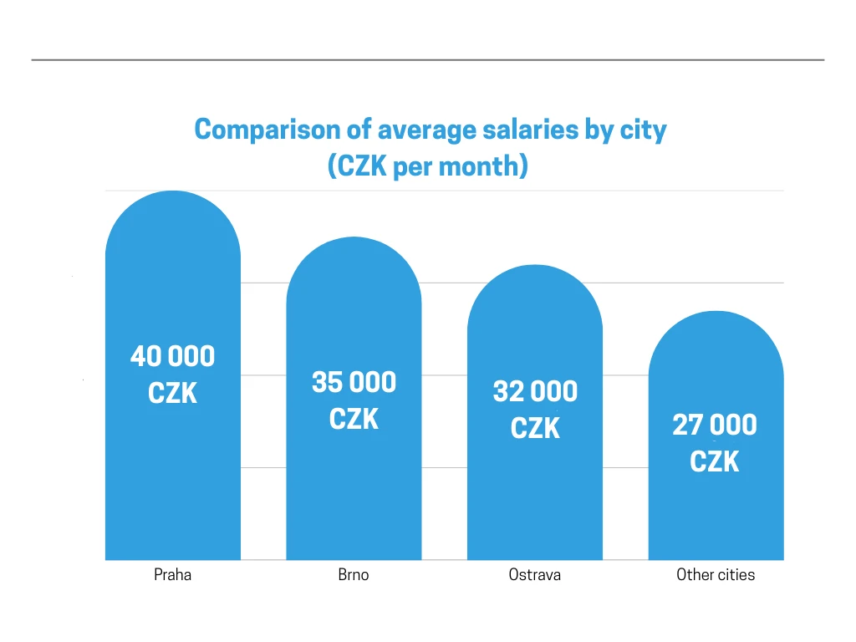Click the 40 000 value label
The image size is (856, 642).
click(172, 357)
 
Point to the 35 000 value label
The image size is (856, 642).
click(354, 383)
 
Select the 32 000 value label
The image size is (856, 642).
click(535, 391)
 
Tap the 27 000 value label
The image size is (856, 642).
click(715, 425)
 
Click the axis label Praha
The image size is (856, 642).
click(172, 575)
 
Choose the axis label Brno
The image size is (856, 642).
click(354, 575)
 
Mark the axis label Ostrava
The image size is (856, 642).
click(535, 575)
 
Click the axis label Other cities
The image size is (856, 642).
click(716, 575)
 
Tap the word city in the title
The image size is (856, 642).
click(645, 130)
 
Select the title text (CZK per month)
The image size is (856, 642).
click(428, 166)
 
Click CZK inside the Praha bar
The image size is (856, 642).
click(172, 393)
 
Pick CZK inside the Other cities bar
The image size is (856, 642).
click(715, 461)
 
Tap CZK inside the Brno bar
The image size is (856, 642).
click(354, 419)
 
